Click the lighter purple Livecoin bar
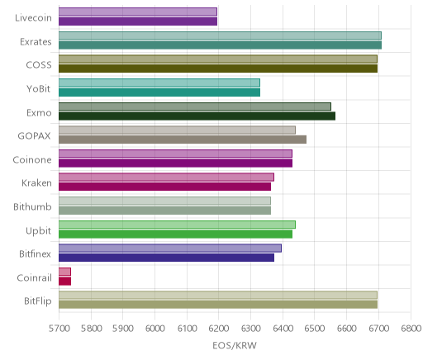point(138,12)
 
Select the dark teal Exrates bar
point(220,45)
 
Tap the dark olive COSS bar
point(218,69)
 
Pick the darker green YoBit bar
point(159,92)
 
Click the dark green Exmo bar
point(197,116)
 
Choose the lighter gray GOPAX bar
point(177,130)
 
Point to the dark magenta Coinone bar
point(175,163)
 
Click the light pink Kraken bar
point(166,178)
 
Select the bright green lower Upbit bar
point(175,234)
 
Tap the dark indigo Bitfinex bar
point(166,258)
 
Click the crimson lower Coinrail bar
point(64,282)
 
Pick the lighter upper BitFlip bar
point(218,296)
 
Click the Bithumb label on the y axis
point(32,206)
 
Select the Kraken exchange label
point(36,183)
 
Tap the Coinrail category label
point(34,277)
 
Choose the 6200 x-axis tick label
point(219,329)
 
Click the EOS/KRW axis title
point(235,345)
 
